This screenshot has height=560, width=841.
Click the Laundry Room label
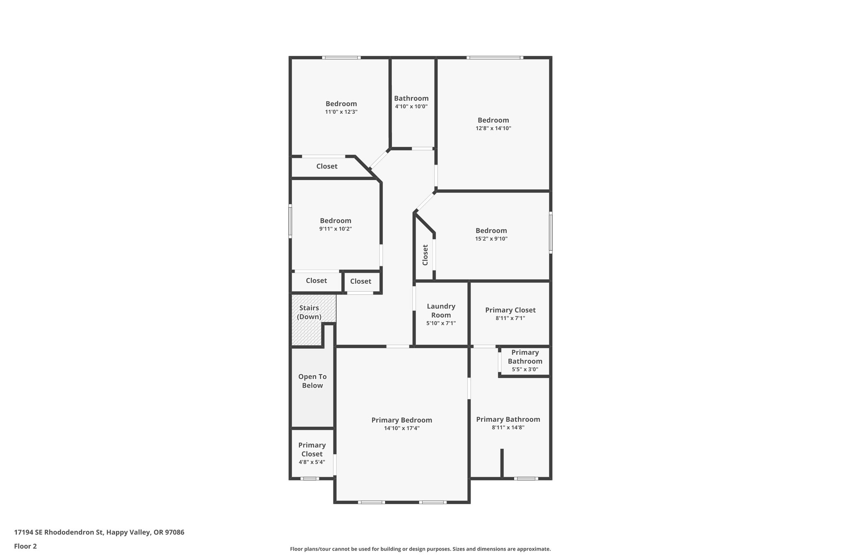pos(441,311)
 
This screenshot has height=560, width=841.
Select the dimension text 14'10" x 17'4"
pos(402,428)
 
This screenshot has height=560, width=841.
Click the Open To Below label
pos(313,381)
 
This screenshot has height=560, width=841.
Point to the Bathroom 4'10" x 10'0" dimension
pos(411,107)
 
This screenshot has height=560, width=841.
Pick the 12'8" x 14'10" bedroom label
pos(493,120)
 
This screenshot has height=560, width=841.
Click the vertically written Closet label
pos(425,255)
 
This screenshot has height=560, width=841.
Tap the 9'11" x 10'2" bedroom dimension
pos(335,229)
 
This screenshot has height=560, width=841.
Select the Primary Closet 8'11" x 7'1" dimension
pos(510,318)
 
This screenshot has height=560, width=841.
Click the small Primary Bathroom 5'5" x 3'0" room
pos(525,361)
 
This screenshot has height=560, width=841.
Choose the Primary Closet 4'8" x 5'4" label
pos(312,450)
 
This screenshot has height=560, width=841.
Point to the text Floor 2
pos(25,546)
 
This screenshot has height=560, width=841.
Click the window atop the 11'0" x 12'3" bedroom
pos(341,58)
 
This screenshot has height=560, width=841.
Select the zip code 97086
pos(175,533)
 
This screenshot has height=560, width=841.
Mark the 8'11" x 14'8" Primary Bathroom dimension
pos(508,427)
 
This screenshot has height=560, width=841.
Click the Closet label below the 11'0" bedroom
pos(327,166)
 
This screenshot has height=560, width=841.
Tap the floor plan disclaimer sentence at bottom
pos(420,549)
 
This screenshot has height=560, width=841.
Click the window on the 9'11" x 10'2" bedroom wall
pos(290,222)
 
